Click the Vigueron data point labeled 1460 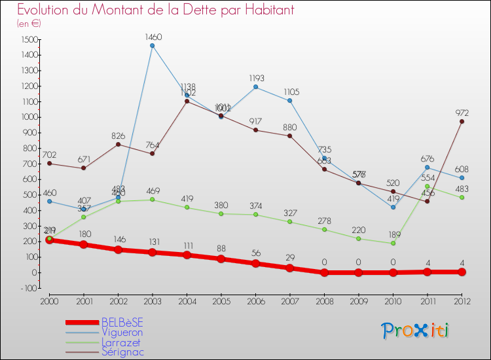click(152, 46)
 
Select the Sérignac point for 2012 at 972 click(462, 121)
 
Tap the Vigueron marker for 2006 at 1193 click(255, 87)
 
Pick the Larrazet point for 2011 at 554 click(427, 186)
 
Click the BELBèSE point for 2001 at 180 click(83, 244)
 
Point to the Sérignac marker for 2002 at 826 click(118, 144)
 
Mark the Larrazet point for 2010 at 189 click(393, 243)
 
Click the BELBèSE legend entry click(122, 322)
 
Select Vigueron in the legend click(122, 332)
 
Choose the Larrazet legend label click(121, 342)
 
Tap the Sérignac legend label click(122, 351)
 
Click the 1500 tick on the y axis click(28, 39)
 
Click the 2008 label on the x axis click(324, 300)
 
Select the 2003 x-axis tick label click(152, 300)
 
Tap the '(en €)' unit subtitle click(28, 24)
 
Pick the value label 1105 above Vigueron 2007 click(289, 92)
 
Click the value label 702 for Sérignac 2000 click(49, 155)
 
